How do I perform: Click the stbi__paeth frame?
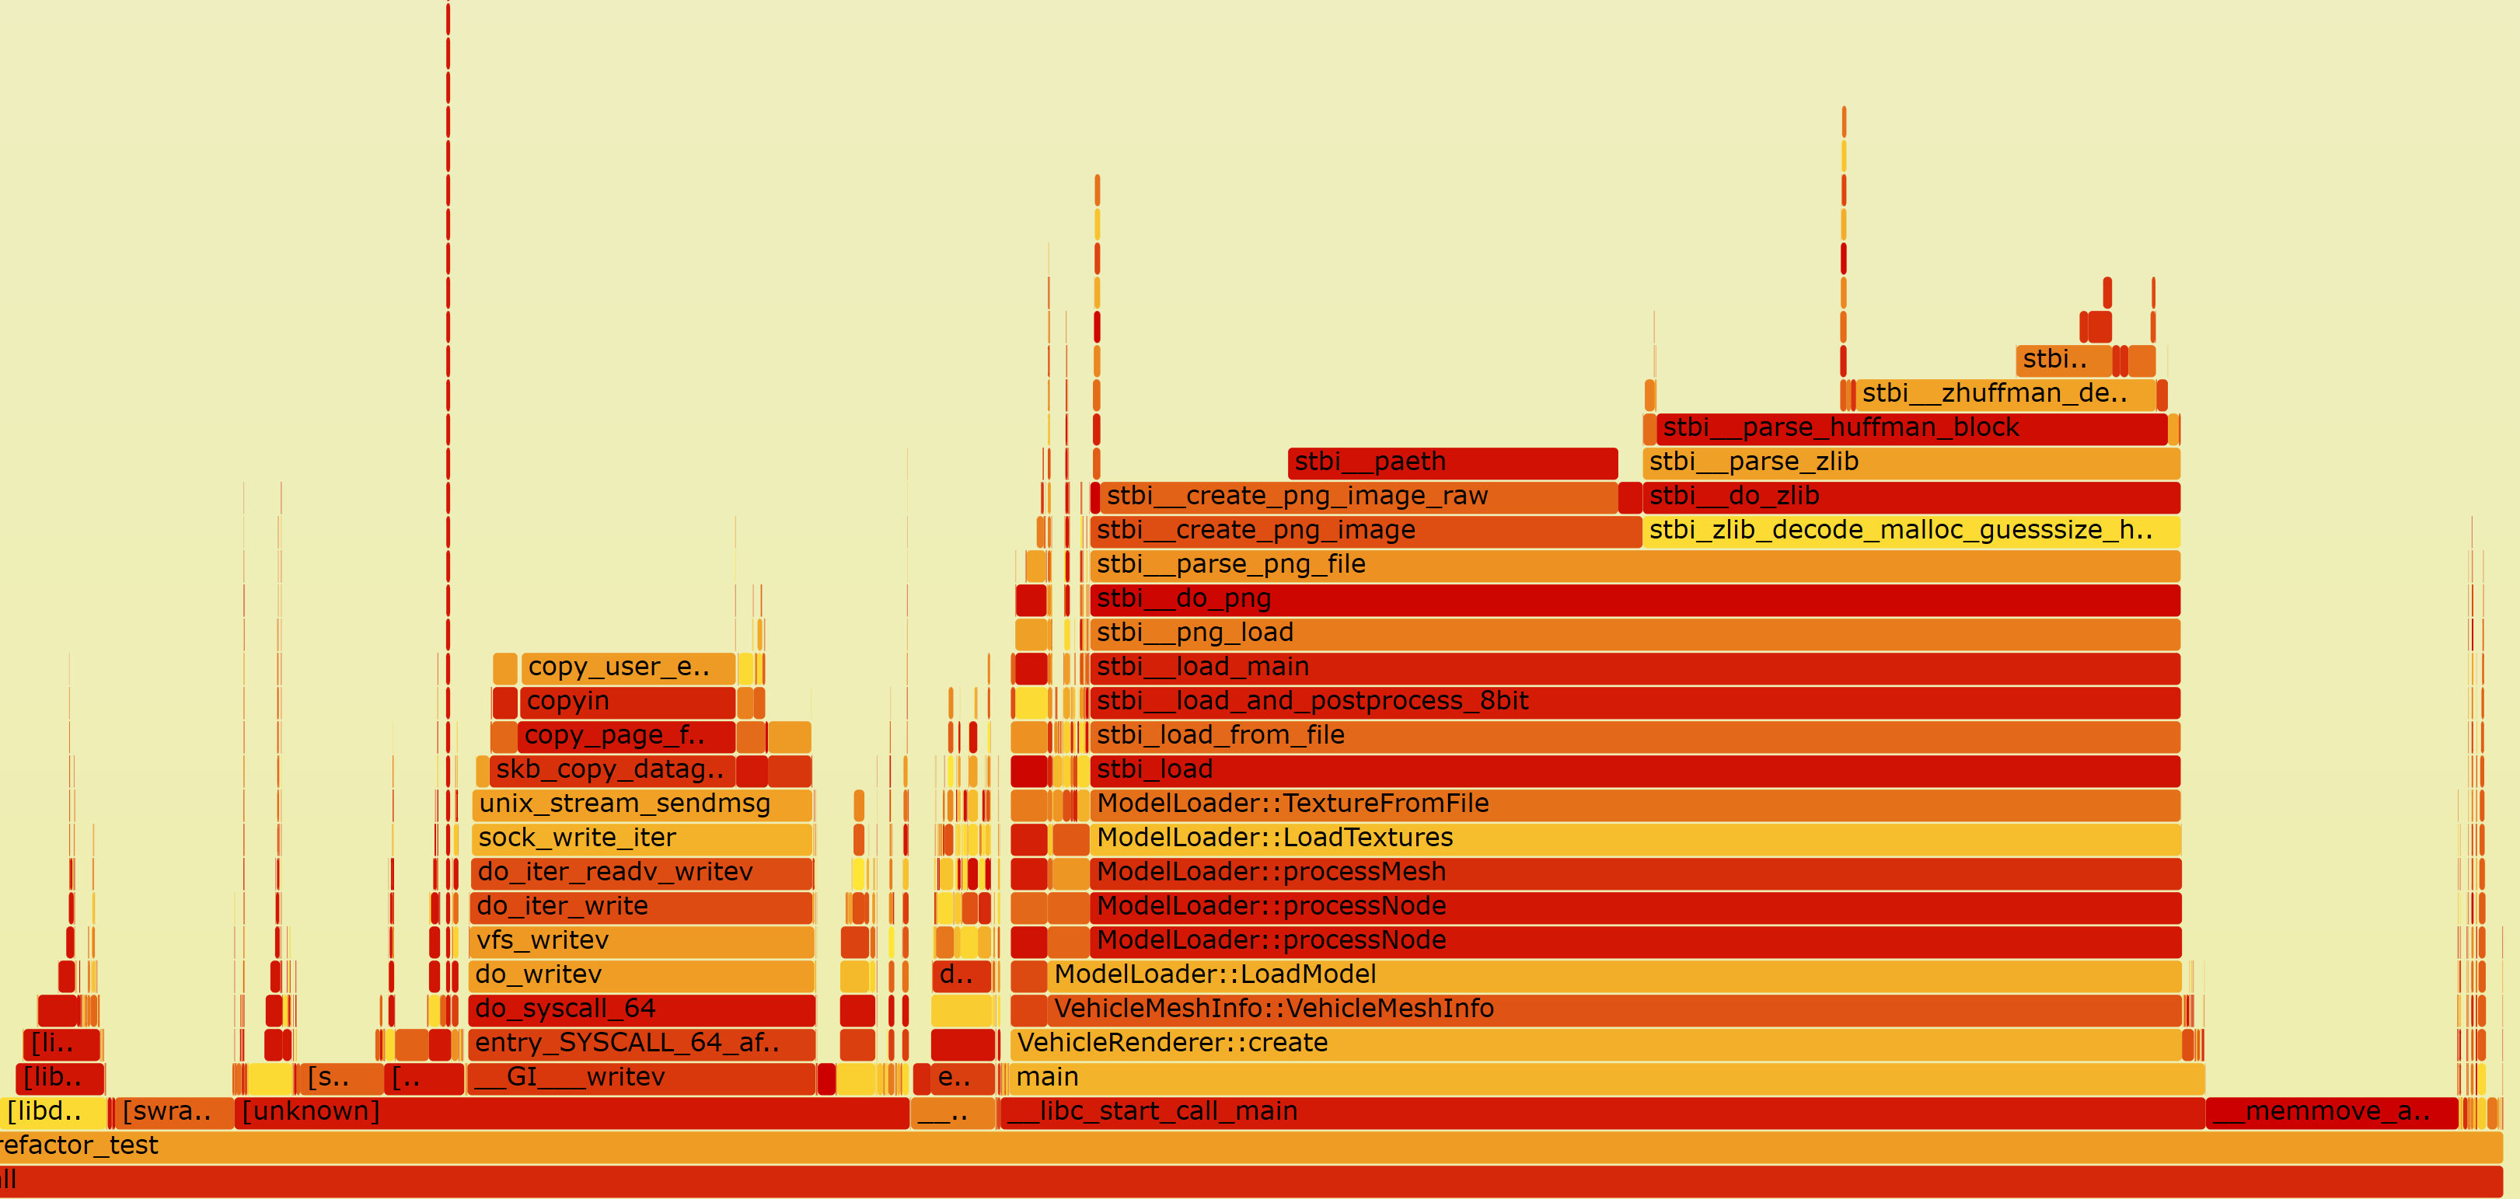[1453, 462]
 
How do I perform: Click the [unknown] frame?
[571, 1112]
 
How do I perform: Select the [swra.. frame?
[175, 1112]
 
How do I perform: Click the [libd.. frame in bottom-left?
[54, 1112]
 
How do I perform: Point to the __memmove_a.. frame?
[2331, 1112]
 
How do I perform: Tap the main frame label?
[1048, 1078]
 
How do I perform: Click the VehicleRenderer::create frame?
[1594, 1044]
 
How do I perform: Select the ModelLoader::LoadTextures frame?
[1634, 839]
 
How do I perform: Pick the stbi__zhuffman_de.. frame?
[2005, 394]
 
